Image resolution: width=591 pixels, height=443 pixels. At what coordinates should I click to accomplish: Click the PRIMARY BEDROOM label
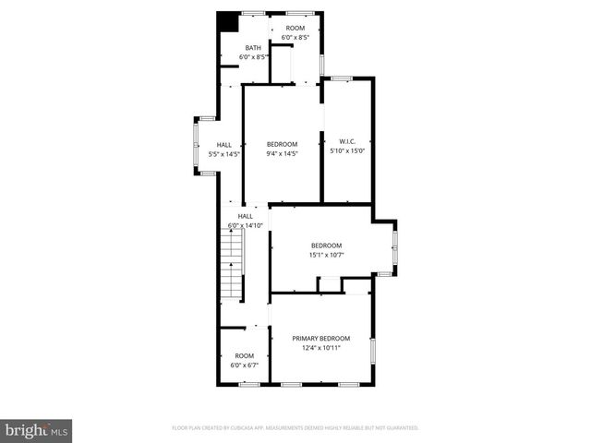tap(320, 339)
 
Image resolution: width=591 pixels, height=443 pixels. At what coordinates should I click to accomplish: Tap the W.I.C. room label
tap(348, 141)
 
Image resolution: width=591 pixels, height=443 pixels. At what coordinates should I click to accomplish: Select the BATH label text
tap(253, 48)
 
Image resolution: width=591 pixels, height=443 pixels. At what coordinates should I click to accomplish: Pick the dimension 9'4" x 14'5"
tap(282, 154)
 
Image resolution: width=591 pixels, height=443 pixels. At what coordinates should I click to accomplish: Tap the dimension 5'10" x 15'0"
tap(348, 150)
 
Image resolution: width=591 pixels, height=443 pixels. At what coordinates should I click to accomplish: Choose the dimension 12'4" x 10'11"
tap(320, 349)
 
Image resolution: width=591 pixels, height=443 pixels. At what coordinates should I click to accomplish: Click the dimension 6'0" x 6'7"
tap(244, 365)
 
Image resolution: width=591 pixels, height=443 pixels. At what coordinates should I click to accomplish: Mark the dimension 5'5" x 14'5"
tap(224, 154)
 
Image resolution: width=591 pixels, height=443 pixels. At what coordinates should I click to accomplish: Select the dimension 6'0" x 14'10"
tap(245, 225)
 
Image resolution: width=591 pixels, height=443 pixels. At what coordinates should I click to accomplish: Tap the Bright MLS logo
tap(37, 429)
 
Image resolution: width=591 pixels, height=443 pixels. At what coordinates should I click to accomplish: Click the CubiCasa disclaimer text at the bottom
tap(295, 428)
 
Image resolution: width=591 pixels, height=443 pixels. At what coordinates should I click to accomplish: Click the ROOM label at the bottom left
tap(244, 356)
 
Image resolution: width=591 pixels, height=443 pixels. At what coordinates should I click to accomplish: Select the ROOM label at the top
tap(295, 29)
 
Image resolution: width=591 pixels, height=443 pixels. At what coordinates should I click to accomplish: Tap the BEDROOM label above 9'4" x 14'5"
tap(282, 144)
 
